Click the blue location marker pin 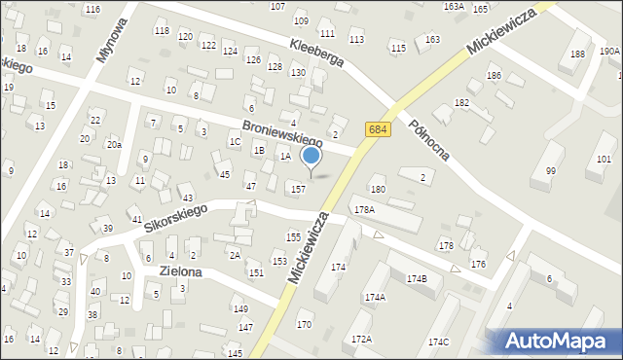(311, 158)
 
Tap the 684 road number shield (379, 129)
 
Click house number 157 (299, 189)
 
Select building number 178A (364, 209)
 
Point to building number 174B (417, 279)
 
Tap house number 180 (378, 189)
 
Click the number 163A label (454, 6)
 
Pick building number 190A (609, 52)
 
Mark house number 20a (114, 144)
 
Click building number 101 (605, 159)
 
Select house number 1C (235, 142)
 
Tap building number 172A (361, 340)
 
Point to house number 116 (92, 9)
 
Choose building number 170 (305, 324)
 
